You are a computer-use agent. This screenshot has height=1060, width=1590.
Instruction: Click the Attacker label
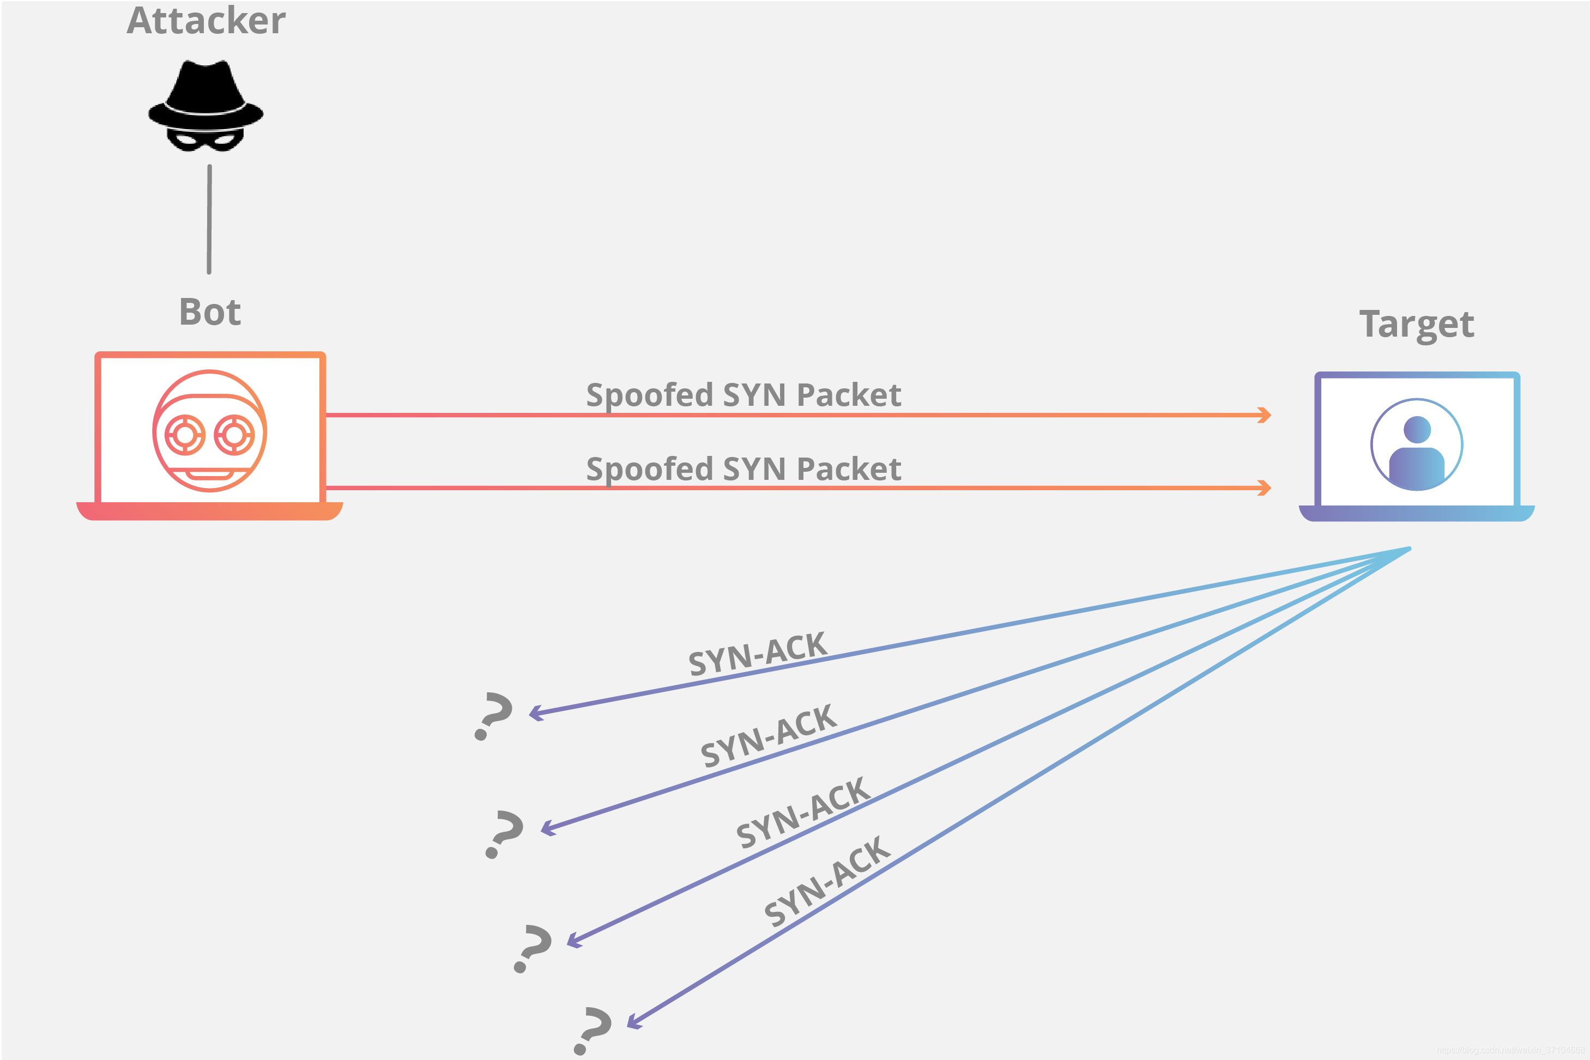[206, 21]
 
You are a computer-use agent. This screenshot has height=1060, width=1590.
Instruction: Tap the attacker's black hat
[205, 92]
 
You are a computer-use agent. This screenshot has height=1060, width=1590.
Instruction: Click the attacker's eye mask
[205, 141]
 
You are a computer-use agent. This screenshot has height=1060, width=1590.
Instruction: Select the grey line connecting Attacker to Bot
[209, 220]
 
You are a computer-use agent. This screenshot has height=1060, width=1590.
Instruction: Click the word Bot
[210, 312]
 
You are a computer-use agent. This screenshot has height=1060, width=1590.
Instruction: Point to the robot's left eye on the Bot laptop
[185, 435]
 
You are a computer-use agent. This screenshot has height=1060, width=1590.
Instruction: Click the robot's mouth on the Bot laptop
[210, 474]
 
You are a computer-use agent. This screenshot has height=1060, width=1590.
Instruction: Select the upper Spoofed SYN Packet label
[743, 395]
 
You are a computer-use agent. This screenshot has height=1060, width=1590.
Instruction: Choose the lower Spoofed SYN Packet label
[743, 469]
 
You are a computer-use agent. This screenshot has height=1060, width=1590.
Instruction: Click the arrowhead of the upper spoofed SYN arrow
[1263, 415]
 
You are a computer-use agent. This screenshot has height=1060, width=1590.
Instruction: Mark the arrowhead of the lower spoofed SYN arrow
[1263, 488]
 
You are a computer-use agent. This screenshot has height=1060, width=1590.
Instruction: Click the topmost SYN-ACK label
[758, 653]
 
